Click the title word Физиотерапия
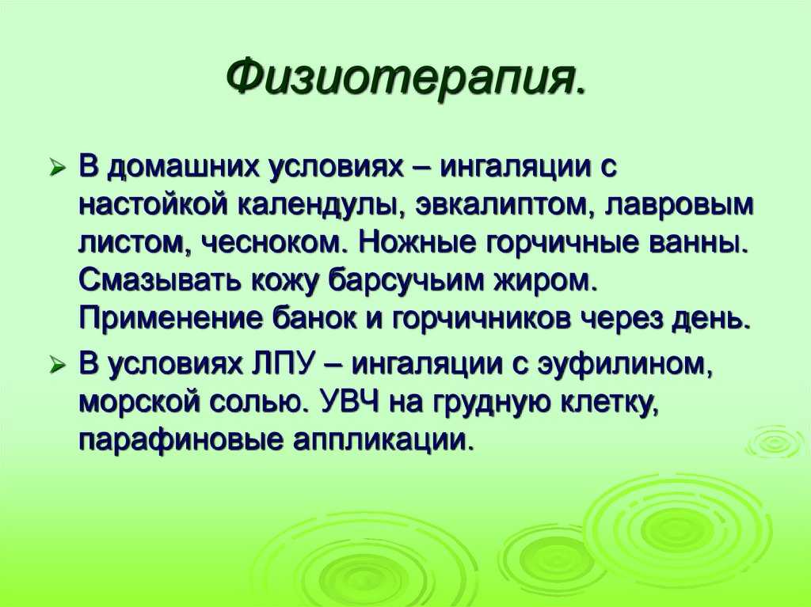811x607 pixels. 406,78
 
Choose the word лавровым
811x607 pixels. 680,206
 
